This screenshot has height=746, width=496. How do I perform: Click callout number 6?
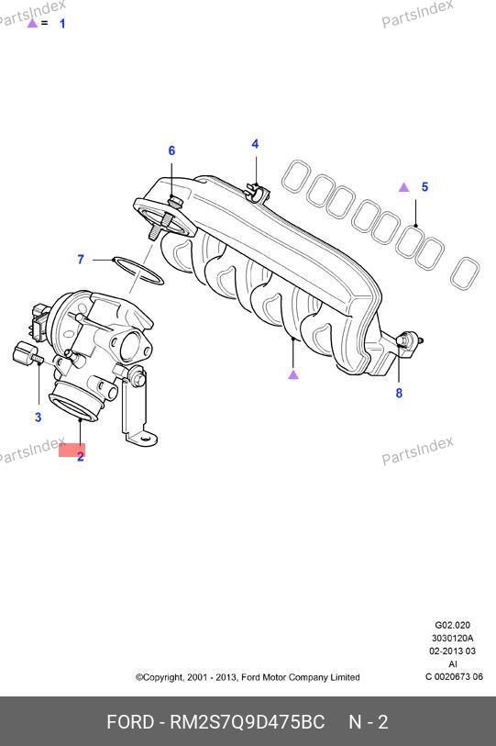[x=171, y=150]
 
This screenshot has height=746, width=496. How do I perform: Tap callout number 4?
[x=256, y=144]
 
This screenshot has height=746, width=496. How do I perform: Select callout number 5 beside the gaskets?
[x=424, y=187]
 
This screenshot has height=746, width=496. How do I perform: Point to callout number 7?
[x=81, y=260]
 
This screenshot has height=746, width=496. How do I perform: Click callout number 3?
[x=38, y=418]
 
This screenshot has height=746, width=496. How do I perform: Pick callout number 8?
[x=399, y=393]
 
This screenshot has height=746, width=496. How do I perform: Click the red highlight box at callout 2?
[x=72, y=450]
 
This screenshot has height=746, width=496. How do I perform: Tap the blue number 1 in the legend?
[x=62, y=23]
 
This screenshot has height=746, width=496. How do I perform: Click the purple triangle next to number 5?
[x=403, y=187]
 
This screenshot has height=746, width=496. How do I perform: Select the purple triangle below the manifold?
[x=293, y=375]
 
